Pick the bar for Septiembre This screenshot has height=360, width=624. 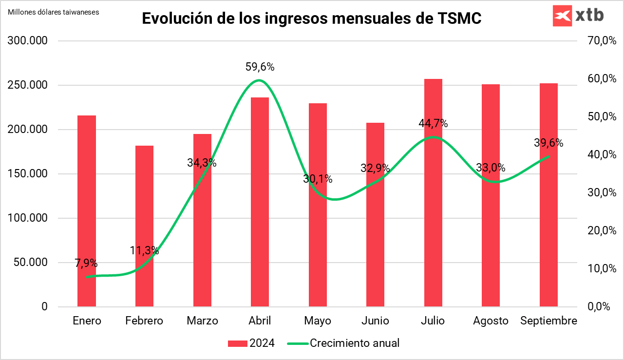click(x=548, y=195)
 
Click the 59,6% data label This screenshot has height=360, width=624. click(x=260, y=67)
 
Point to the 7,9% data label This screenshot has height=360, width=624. click(x=86, y=264)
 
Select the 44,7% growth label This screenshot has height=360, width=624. click(x=433, y=124)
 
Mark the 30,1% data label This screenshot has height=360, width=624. click(x=318, y=179)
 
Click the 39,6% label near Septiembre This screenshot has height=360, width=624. click(x=548, y=143)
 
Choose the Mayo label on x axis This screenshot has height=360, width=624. click(x=318, y=321)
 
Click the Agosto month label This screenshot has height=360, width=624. click(x=491, y=321)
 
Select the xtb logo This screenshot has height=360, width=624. click(x=578, y=16)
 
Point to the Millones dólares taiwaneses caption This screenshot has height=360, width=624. click(x=54, y=12)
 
